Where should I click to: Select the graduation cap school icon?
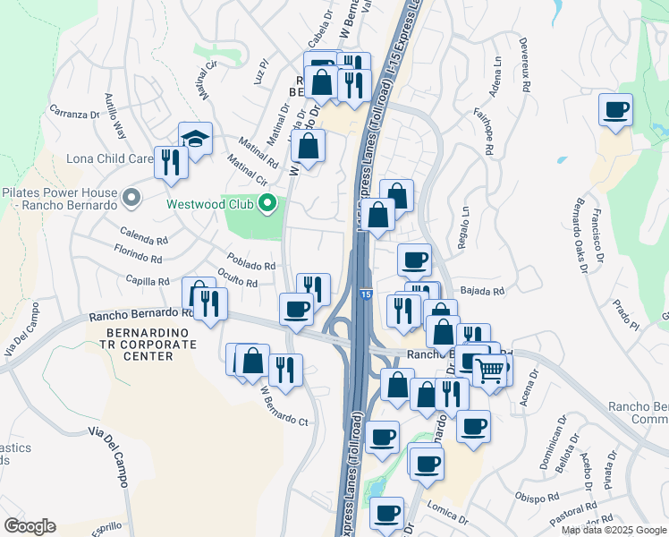point(195,138)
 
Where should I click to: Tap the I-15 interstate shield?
point(366,294)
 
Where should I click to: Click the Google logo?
point(30,526)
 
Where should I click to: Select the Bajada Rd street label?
point(483,291)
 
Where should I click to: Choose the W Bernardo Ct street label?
point(284,407)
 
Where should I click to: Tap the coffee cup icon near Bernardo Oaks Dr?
point(615,110)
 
